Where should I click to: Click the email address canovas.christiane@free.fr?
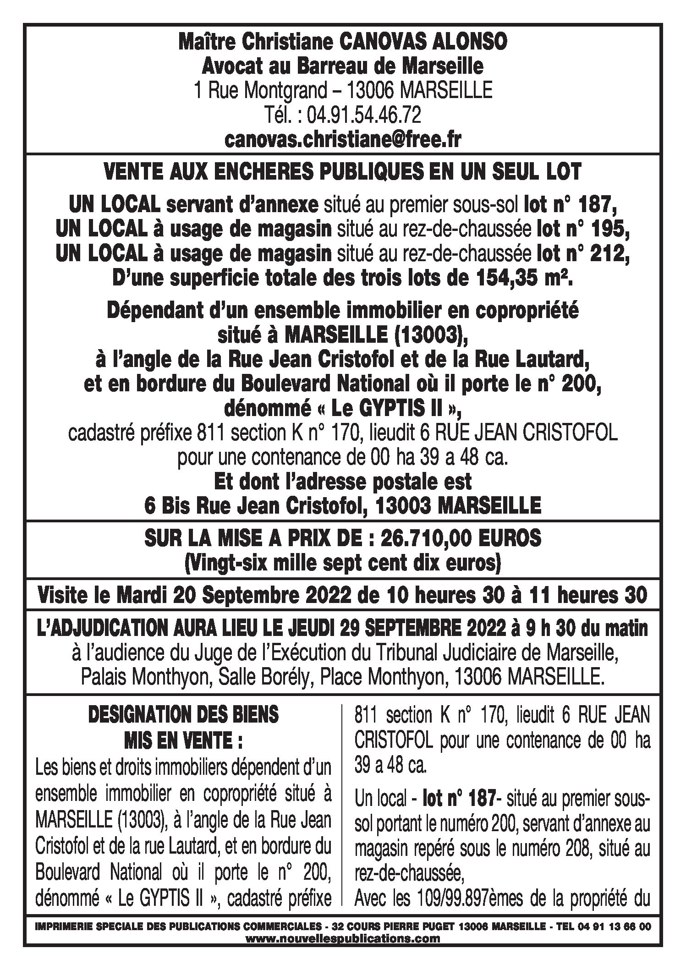pyautogui.click(x=342, y=140)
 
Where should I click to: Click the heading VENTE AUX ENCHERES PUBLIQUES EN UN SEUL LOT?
pyautogui.click(x=342, y=172)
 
